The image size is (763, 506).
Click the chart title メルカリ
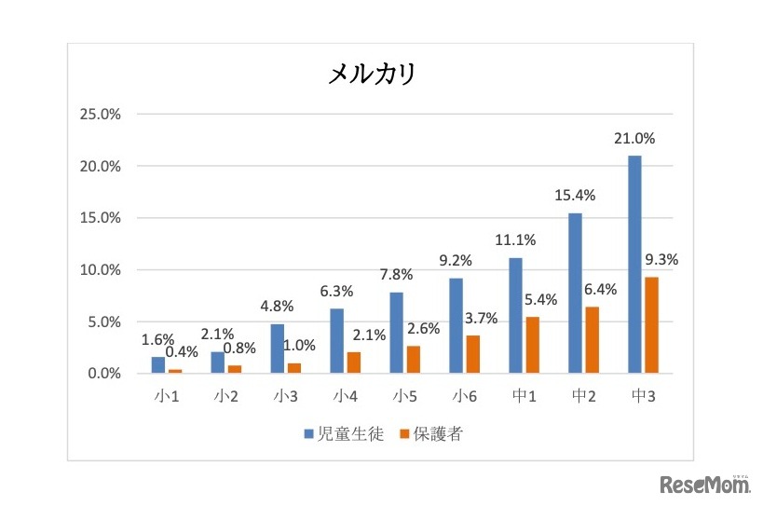pyautogui.click(x=371, y=75)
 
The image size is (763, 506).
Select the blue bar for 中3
pyautogui.click(x=634, y=265)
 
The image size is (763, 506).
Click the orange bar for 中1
pyautogui.click(x=533, y=345)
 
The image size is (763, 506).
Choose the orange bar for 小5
pyautogui.click(x=414, y=360)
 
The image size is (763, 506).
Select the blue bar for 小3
pyautogui.click(x=278, y=349)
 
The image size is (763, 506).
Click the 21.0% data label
pyautogui.click(x=634, y=139)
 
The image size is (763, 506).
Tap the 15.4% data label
pyautogui.click(x=575, y=197)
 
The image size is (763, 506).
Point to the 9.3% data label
pyautogui.click(x=661, y=260)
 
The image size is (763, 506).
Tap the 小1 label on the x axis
pyautogui.click(x=167, y=396)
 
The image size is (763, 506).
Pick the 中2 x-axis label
pyautogui.click(x=584, y=396)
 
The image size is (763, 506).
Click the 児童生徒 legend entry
pyautogui.click(x=344, y=433)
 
